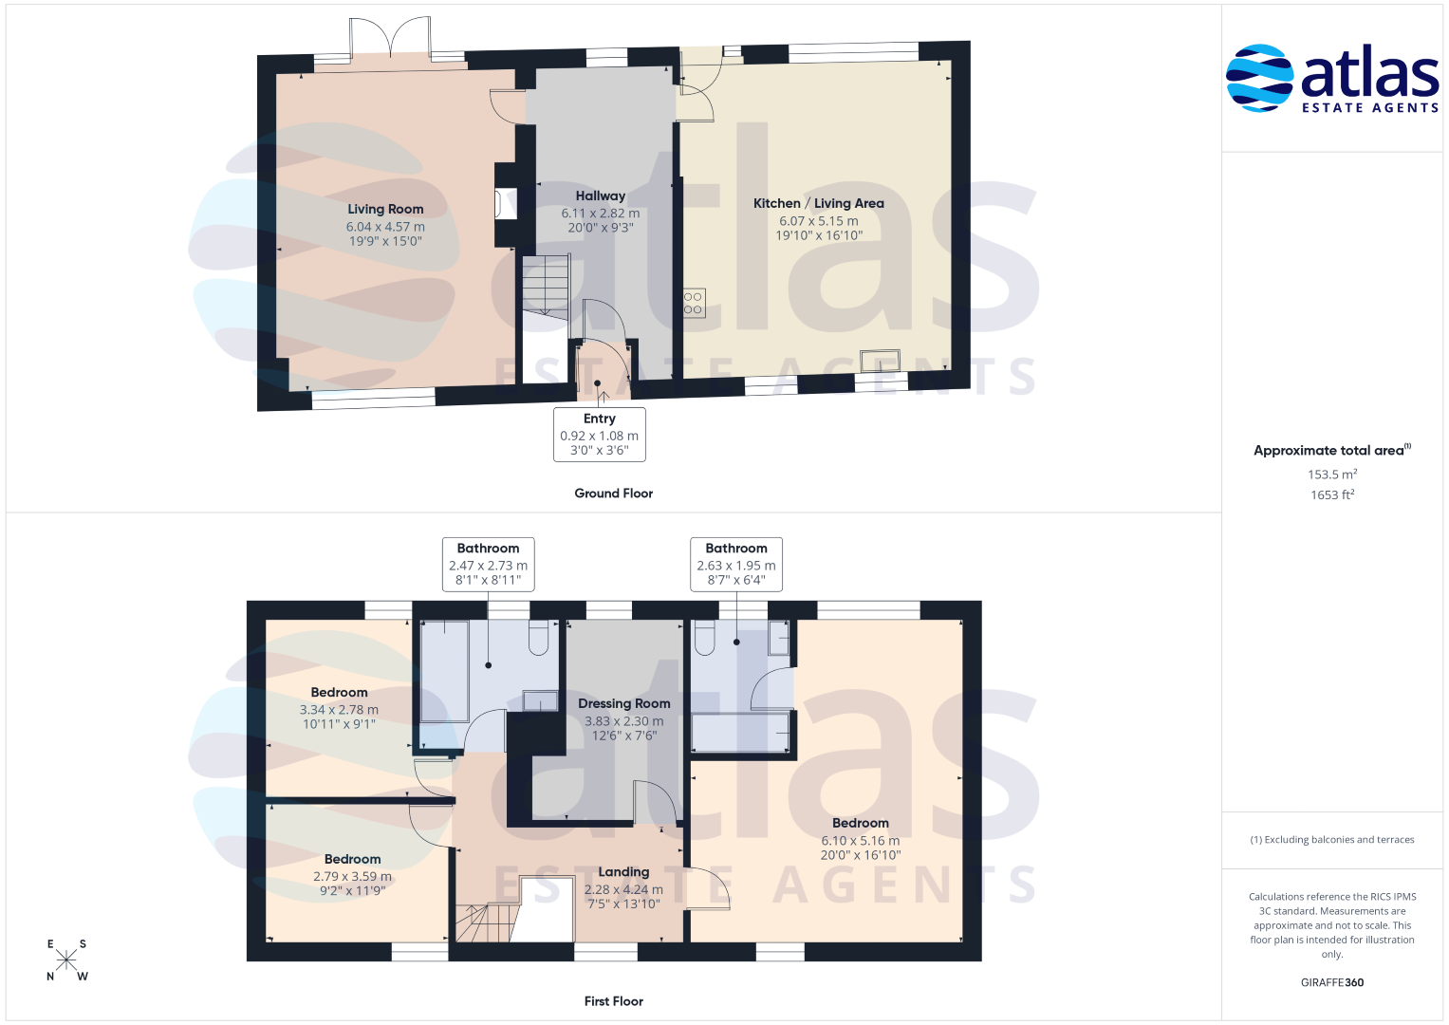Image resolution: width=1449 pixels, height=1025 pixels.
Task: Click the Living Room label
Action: [385, 209]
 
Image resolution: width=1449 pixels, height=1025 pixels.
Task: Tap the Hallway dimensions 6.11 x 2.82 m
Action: [601, 213]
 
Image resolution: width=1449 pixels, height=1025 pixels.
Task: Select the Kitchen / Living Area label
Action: [818, 203]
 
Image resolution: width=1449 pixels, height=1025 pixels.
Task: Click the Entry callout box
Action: [599, 435]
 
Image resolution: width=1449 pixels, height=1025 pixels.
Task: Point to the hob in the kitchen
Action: [694, 303]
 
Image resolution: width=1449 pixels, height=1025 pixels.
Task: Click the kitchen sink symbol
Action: [880, 360]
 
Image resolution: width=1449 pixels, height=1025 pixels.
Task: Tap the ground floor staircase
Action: [546, 286]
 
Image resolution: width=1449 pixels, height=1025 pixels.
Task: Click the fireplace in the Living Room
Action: [506, 204]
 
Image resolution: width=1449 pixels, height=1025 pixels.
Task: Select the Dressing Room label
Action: [623, 703]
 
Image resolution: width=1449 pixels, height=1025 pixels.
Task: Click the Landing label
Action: [623, 871]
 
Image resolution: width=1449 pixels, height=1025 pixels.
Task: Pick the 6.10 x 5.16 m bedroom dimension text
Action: [861, 841]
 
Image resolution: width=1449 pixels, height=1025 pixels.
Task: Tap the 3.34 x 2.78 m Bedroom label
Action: [339, 693]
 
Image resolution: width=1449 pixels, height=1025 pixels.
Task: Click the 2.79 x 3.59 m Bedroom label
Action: [353, 859]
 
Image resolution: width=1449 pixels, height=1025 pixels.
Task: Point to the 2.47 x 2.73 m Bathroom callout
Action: [489, 565]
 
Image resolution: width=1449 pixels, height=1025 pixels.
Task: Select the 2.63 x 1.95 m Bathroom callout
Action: [736, 565]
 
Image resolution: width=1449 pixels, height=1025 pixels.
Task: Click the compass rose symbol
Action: [66, 960]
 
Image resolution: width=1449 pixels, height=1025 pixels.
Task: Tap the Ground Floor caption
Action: [613, 494]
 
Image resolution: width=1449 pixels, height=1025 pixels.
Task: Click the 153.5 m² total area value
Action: [1332, 474]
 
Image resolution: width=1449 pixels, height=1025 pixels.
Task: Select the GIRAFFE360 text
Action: [1332, 982]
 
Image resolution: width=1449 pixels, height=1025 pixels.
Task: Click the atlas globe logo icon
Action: [1259, 78]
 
